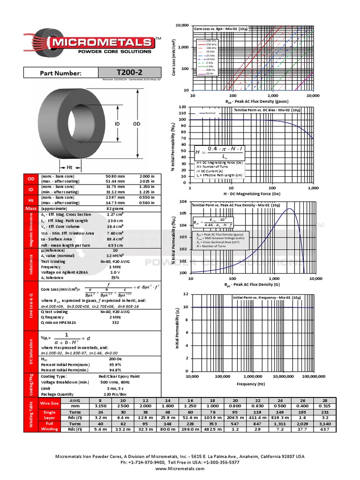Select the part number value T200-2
tap(129, 73)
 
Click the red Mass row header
tap(31, 208)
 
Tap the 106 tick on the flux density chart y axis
tap(183, 202)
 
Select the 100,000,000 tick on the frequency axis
tap(314, 376)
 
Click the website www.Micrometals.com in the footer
tap(180, 468)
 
